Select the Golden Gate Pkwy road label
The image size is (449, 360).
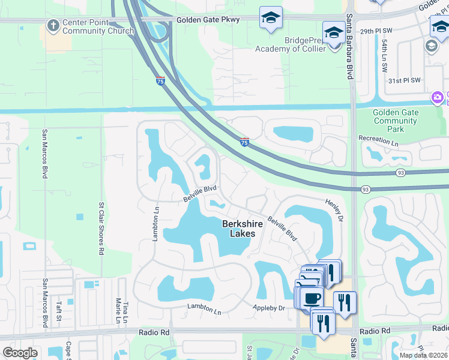208,20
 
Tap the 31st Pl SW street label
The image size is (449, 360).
404,80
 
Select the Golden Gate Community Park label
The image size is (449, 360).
394,121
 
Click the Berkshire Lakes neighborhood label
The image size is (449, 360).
243,229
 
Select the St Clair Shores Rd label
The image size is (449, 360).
101,228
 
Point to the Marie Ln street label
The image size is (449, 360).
118,312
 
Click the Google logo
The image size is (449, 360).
20,353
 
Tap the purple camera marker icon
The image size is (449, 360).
437,97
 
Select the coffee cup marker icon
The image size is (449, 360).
312,298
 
